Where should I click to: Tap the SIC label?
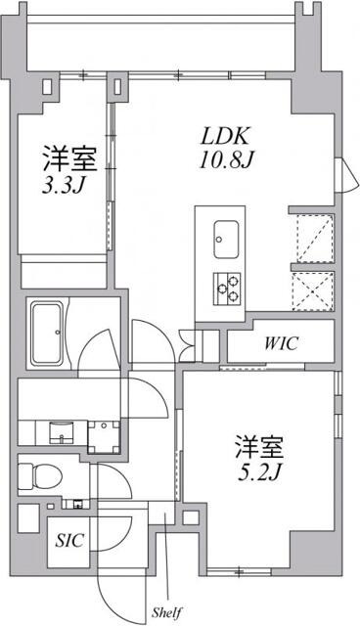click(68, 539)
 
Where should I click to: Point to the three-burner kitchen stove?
click(228, 284)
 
